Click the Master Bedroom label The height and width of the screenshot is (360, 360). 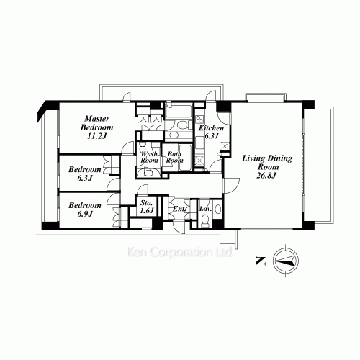click(x=96, y=123)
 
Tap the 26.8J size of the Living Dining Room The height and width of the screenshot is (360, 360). click(x=266, y=176)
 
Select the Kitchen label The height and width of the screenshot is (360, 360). click(x=211, y=128)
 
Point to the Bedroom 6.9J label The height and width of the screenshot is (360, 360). click(x=85, y=210)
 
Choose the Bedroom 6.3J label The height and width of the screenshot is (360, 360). click(x=85, y=174)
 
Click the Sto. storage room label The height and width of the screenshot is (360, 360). click(x=146, y=203)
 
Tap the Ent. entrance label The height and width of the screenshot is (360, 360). click(x=179, y=209)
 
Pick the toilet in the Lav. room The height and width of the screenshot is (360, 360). click(x=205, y=221)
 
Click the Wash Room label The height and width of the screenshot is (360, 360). click(x=149, y=157)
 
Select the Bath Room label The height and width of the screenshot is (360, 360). click(x=174, y=157)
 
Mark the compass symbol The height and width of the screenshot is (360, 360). click(x=286, y=261)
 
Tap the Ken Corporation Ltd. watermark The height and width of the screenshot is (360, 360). click(x=180, y=252)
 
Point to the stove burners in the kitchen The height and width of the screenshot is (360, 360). click(x=199, y=120)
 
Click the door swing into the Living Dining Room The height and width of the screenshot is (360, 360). click(x=231, y=186)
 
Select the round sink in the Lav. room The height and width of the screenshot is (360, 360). click(x=217, y=210)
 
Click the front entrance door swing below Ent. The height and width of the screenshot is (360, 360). click(x=179, y=228)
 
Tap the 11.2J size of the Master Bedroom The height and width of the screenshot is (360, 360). click(x=96, y=136)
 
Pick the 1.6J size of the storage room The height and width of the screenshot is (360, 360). click(x=147, y=210)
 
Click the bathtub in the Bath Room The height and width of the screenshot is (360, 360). click(x=185, y=158)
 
